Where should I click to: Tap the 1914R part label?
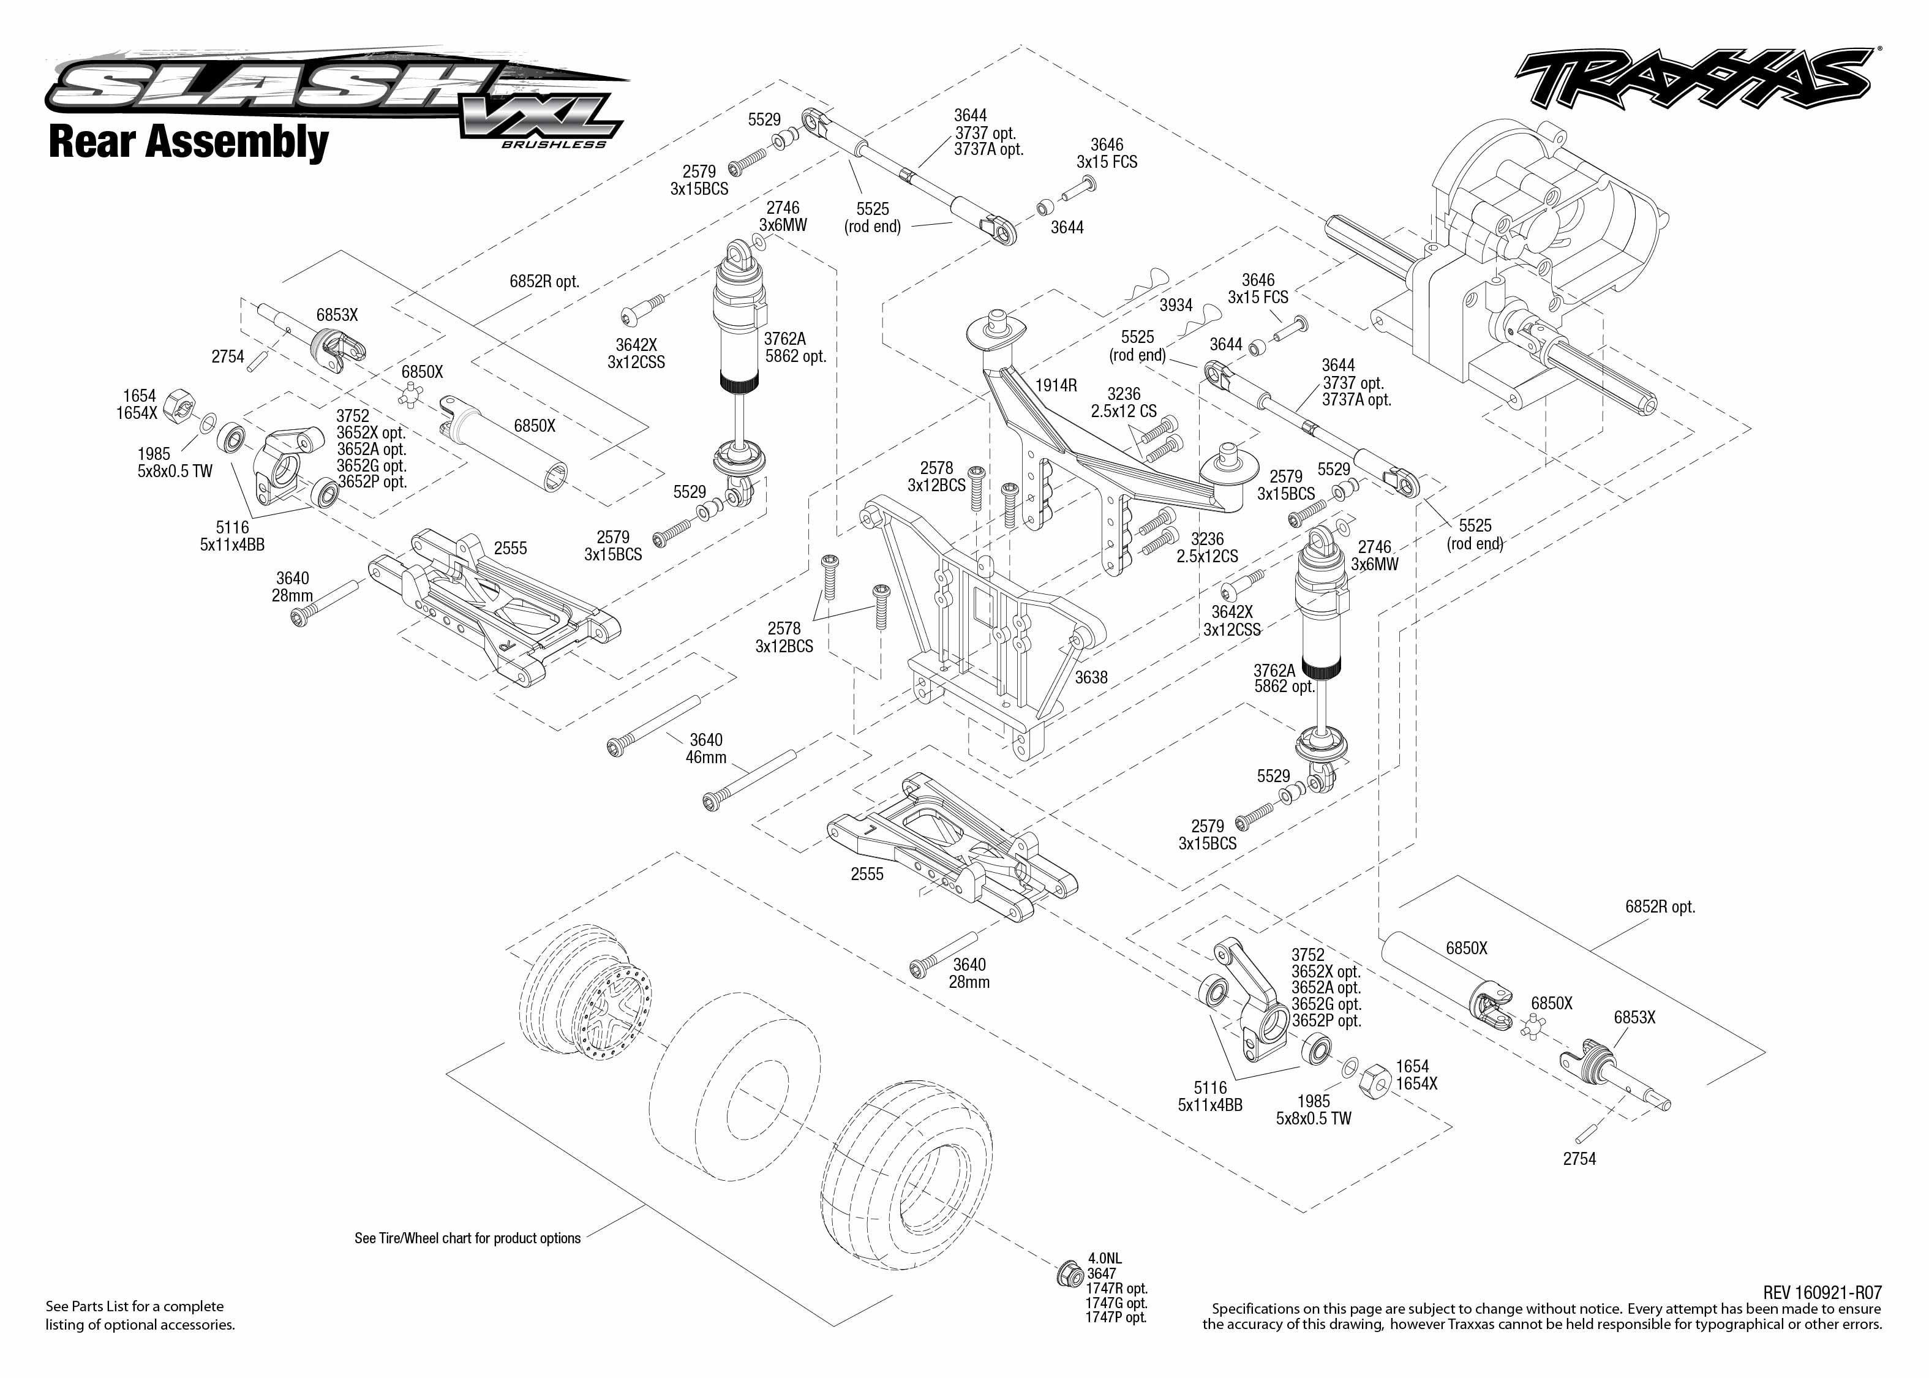[x=1055, y=385]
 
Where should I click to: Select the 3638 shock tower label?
[x=1091, y=677]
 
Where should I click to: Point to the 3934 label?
[x=1176, y=304]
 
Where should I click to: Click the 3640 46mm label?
[x=706, y=748]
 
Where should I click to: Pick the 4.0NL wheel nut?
[x=1070, y=1274]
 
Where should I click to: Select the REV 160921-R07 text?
[x=1822, y=1292]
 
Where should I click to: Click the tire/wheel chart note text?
[x=467, y=1238]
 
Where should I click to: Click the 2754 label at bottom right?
[x=1579, y=1158]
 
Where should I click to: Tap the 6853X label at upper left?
[x=337, y=315]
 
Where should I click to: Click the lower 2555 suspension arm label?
[x=867, y=874]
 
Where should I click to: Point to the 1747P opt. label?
[x=1116, y=1317]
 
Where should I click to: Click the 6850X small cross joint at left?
[x=410, y=394]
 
